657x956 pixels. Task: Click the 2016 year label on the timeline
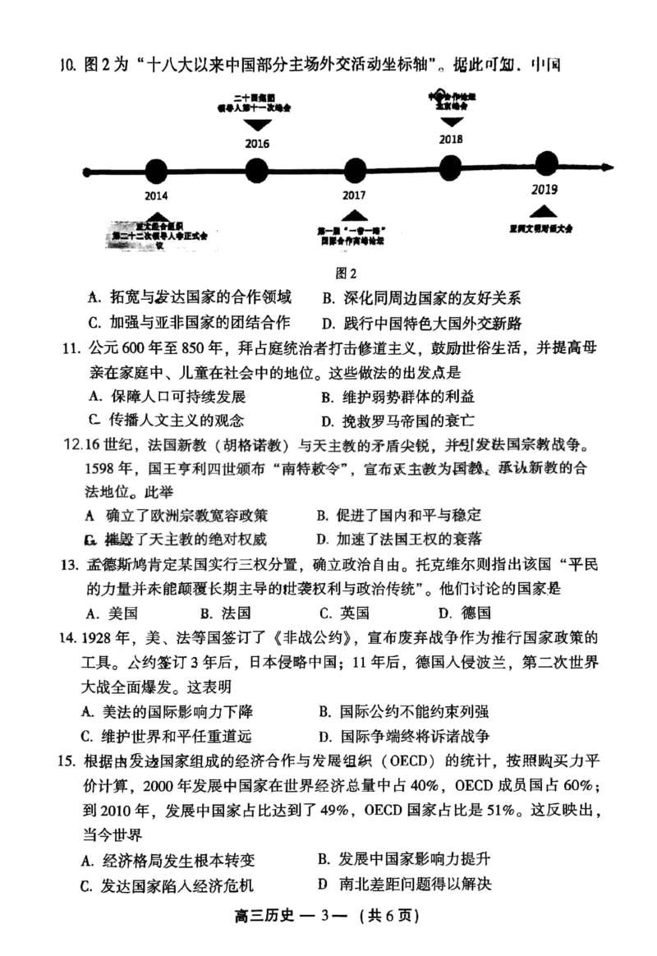point(257,144)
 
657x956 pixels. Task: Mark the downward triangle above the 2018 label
point(450,122)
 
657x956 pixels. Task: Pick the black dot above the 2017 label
point(354,171)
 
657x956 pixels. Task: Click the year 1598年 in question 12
point(112,470)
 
